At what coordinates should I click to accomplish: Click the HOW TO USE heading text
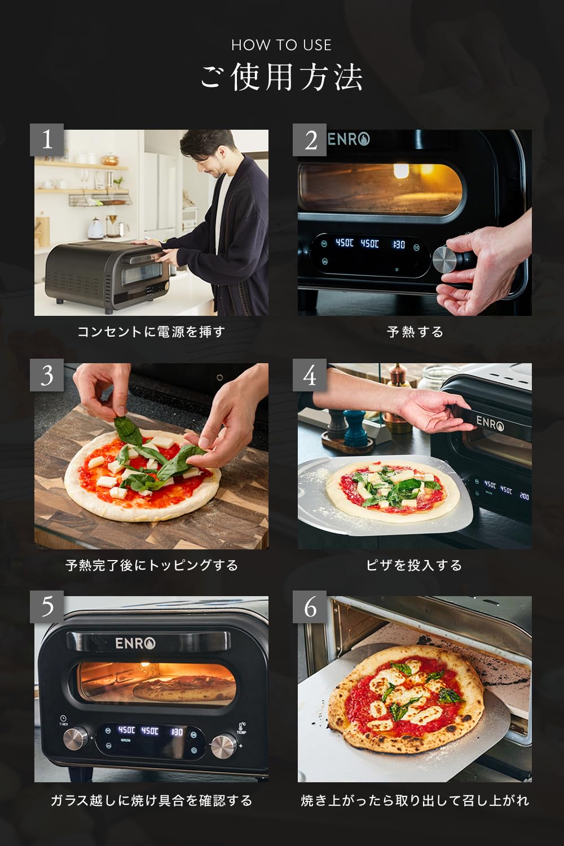tap(281, 45)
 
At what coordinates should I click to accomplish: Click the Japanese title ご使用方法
tap(281, 77)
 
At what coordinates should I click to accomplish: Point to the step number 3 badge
tap(47, 375)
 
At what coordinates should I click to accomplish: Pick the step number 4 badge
tap(310, 375)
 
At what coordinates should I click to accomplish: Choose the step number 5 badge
tap(47, 607)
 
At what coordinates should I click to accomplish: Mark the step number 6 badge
tap(310, 607)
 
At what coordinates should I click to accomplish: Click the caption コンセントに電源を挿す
tap(151, 332)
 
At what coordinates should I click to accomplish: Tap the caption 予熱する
tap(415, 332)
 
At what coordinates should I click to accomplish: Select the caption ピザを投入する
tap(415, 565)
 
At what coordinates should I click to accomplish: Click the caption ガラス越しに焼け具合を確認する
tap(151, 800)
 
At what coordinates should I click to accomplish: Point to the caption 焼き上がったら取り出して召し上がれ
tap(415, 800)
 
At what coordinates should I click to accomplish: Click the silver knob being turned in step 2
tap(445, 260)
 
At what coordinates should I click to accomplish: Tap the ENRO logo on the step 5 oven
tap(135, 643)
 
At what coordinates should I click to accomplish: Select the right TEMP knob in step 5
tap(223, 746)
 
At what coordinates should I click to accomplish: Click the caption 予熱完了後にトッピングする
tap(151, 565)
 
